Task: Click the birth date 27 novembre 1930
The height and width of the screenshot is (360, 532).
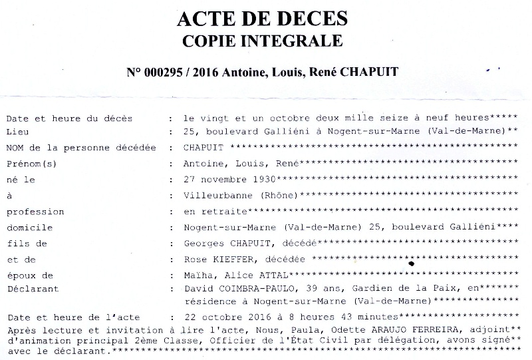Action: tap(229, 179)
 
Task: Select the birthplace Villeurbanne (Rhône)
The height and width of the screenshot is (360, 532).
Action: tap(241, 195)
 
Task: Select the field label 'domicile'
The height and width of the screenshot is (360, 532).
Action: tap(29, 227)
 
